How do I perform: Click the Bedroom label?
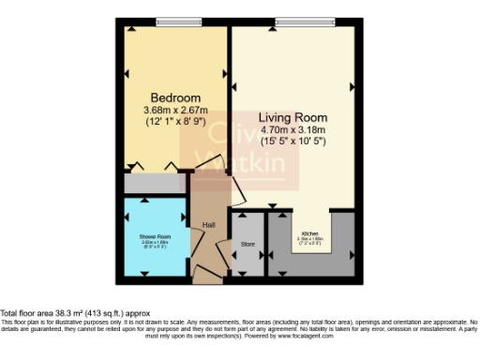tap(175, 97)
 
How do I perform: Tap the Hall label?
tap(209, 225)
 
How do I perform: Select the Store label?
tap(247, 246)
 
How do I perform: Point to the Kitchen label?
tap(309, 232)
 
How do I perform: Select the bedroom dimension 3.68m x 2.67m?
tap(175, 110)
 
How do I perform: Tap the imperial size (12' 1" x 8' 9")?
tap(175, 122)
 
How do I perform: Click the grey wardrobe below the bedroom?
tap(155, 183)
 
